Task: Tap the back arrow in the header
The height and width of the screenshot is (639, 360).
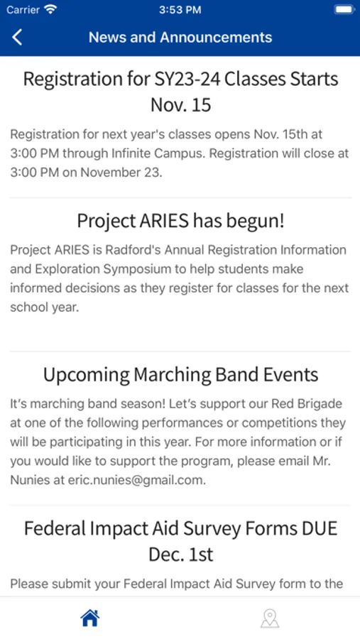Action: [17, 37]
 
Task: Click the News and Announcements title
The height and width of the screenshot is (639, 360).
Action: [180, 37]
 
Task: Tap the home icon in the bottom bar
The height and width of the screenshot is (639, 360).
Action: [90, 618]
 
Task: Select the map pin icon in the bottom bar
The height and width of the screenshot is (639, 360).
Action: [270, 618]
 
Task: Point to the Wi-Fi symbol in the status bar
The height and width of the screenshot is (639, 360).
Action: [50, 10]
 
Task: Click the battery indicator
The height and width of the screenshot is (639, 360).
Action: [344, 10]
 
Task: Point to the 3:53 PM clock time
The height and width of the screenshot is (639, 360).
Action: [180, 10]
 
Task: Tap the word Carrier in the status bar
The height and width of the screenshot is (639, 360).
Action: [23, 10]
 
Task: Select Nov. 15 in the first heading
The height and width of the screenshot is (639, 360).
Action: [180, 105]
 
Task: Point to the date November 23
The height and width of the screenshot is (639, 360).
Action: [120, 172]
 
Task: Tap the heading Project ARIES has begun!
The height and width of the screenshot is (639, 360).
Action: [180, 222]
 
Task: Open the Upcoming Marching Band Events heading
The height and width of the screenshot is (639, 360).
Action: [180, 375]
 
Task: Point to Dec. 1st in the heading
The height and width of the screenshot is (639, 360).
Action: [180, 555]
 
